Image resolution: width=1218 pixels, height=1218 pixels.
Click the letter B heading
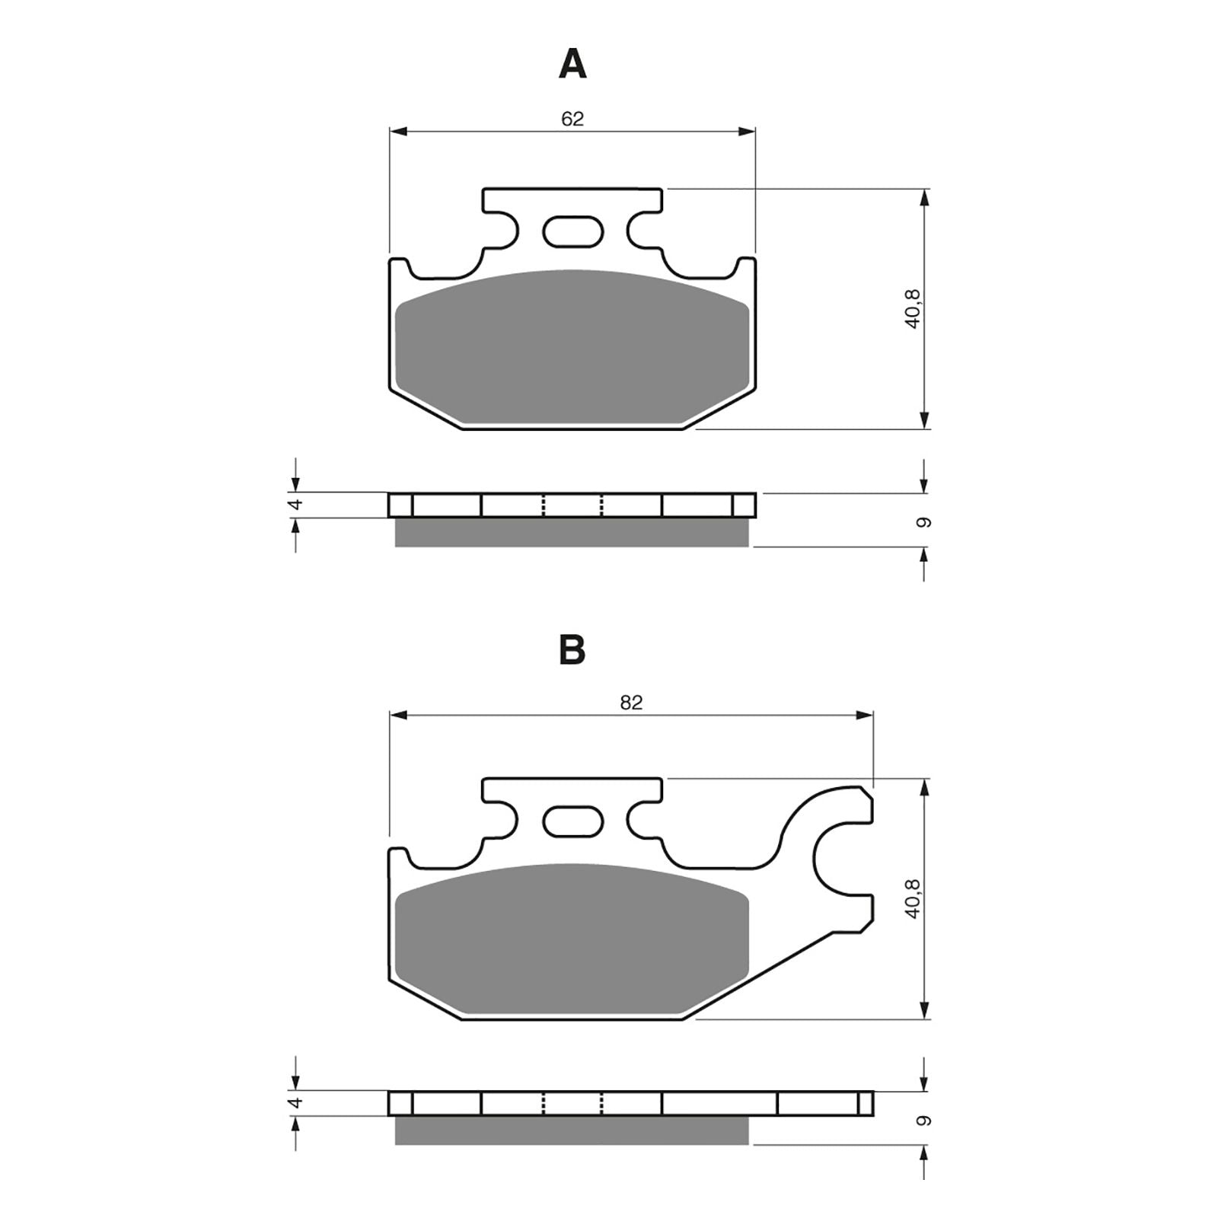click(x=572, y=651)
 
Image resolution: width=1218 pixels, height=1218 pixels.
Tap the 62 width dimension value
click(x=572, y=119)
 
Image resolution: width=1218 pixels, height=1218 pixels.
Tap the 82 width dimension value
click(x=631, y=703)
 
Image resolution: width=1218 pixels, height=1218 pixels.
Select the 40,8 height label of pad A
click(x=913, y=308)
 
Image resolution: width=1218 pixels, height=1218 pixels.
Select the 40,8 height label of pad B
click(x=913, y=898)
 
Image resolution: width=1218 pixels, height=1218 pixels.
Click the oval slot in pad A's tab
click(x=572, y=231)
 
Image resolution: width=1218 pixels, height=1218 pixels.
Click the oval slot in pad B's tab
click(x=572, y=821)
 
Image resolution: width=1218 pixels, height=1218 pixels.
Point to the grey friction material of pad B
click(x=572, y=940)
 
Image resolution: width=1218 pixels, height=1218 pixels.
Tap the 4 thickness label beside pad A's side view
click(x=297, y=504)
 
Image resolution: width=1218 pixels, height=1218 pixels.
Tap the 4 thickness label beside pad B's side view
click(x=297, y=1102)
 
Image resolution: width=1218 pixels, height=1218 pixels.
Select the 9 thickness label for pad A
click(x=924, y=522)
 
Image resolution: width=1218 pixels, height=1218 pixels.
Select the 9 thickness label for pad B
click(x=924, y=1120)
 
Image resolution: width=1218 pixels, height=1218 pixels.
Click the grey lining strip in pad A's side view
click(x=572, y=532)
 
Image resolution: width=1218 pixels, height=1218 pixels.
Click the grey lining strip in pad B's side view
click(x=572, y=1130)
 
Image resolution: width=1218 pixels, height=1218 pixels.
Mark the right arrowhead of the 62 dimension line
click(x=747, y=132)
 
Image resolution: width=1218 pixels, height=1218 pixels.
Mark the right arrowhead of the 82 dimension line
click(x=865, y=716)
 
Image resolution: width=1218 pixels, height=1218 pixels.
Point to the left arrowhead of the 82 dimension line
click(x=398, y=716)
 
